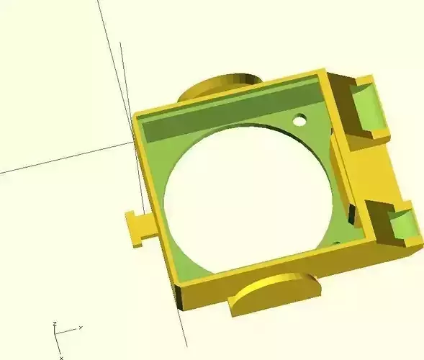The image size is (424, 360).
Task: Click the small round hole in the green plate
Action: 299,119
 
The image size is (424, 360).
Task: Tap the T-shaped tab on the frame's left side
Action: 137,228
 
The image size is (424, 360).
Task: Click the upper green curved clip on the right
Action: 373,109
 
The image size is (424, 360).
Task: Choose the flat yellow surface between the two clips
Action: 374,173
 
